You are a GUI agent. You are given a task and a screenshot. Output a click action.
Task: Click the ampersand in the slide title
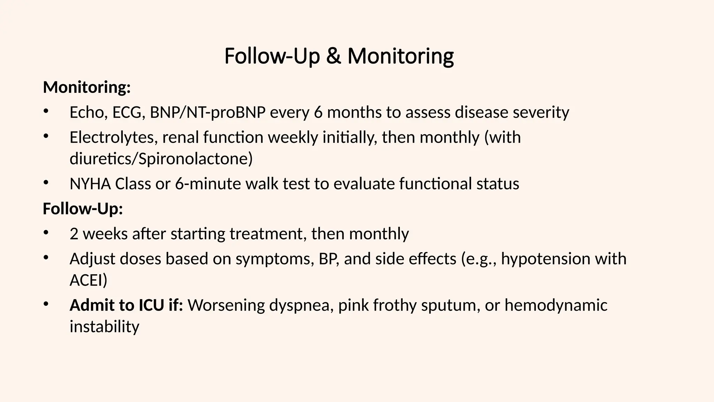[334, 56]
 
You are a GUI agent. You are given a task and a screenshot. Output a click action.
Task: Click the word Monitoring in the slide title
[401, 56]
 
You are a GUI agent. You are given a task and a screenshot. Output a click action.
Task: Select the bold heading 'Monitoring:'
[87, 87]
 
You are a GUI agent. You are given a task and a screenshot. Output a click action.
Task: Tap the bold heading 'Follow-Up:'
[83, 209]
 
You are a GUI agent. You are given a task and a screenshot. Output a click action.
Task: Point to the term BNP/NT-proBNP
[207, 112]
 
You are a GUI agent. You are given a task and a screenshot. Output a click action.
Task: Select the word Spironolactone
[195, 159]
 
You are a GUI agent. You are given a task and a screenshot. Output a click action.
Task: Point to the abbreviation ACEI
[88, 280]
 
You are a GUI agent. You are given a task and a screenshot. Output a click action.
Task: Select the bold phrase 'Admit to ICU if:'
[126, 305]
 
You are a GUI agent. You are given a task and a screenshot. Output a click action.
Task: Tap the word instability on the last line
[104, 327]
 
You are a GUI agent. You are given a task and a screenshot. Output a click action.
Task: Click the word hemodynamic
[556, 305]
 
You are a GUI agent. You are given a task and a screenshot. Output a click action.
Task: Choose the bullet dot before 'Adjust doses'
[46, 258]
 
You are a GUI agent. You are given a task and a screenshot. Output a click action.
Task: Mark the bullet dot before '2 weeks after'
[46, 233]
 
